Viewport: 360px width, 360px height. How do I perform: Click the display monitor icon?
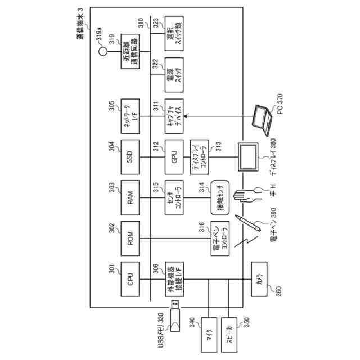click(x=249, y=156)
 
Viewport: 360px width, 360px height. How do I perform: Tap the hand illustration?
click(x=247, y=195)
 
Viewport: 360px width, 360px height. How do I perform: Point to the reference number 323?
click(x=156, y=23)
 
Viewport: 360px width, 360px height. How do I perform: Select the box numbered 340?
click(x=208, y=335)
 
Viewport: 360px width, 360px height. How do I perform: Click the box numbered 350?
click(x=230, y=335)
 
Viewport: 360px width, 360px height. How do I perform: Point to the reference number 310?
click(x=141, y=23)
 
